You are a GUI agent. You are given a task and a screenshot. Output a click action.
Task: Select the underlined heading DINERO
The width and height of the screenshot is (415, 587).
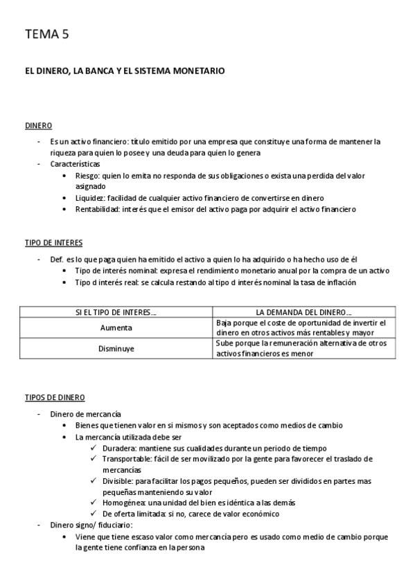pyautogui.click(x=38, y=127)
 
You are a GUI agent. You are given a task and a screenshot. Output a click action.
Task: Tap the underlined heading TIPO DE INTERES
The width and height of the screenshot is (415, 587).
pyautogui.click(x=53, y=243)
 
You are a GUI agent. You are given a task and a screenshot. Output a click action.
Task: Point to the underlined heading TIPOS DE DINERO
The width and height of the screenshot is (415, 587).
pyautogui.click(x=55, y=398)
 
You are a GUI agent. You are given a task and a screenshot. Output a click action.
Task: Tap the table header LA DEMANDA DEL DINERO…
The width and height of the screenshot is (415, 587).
pyautogui.click(x=303, y=313)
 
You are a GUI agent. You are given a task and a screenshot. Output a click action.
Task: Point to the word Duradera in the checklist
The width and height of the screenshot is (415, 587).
pyautogui.click(x=118, y=448)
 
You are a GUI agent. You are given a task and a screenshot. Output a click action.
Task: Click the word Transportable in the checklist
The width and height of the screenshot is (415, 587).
pyautogui.click(x=125, y=459)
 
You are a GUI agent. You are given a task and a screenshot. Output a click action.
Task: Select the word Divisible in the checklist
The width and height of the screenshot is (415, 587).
pyautogui.click(x=117, y=481)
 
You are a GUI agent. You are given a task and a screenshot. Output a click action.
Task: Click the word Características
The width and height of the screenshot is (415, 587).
pyautogui.click(x=75, y=165)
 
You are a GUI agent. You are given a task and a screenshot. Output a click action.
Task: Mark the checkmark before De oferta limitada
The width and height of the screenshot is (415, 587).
pyautogui.click(x=94, y=514)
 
